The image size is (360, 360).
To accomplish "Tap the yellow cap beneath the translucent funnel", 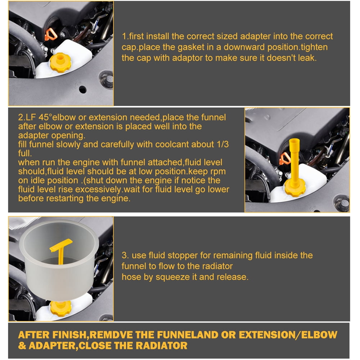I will point(60,309).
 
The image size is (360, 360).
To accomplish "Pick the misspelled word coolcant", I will point(171,144).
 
